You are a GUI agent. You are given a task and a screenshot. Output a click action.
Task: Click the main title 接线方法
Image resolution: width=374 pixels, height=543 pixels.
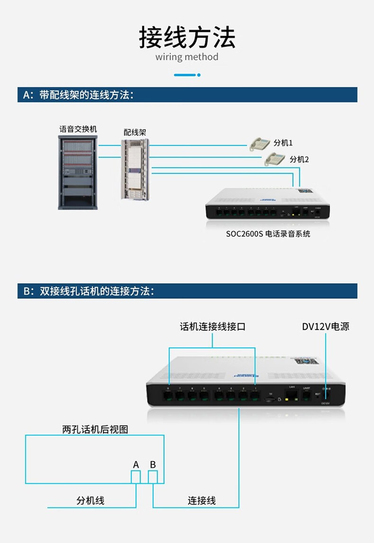tap(187, 38)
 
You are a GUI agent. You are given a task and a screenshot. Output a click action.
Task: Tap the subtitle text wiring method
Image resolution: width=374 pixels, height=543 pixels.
tap(187, 57)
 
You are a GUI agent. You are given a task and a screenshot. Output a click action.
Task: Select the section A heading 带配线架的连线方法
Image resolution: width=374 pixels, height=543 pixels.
tap(78, 95)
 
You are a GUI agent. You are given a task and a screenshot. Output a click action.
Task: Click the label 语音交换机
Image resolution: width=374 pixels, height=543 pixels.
tap(78, 129)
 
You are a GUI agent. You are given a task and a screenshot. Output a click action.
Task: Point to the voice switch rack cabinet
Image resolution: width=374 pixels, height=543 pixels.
tap(78, 173)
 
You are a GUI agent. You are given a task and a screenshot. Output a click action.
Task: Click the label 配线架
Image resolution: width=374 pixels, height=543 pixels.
tap(134, 132)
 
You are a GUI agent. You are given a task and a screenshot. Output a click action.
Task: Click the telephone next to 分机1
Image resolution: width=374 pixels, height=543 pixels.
tap(260, 143)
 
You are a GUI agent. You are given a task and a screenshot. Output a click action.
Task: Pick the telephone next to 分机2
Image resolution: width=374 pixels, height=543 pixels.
tap(275, 160)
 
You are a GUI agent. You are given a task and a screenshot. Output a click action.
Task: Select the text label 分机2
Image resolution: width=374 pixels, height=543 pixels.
tap(299, 160)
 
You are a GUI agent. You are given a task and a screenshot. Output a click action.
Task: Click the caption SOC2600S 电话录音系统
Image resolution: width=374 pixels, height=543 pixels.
tap(268, 233)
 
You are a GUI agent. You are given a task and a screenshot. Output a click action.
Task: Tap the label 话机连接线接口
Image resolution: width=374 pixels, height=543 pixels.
tap(213, 327)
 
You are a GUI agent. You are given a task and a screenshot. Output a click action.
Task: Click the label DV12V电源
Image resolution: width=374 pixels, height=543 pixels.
tap(326, 327)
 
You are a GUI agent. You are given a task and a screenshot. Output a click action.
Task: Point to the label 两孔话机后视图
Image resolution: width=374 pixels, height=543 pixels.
tap(95, 429)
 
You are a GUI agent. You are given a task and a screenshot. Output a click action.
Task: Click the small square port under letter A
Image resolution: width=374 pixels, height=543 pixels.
tap(136, 477)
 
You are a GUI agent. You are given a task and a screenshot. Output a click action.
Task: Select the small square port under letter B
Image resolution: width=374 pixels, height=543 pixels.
tap(153, 477)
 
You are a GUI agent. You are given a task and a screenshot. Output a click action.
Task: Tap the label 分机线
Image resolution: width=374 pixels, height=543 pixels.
tap(90, 500)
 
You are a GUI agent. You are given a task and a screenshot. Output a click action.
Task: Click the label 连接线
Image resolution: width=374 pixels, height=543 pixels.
tap(202, 500)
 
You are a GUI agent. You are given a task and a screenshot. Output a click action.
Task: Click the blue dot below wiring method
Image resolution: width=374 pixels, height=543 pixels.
tap(199, 75)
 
